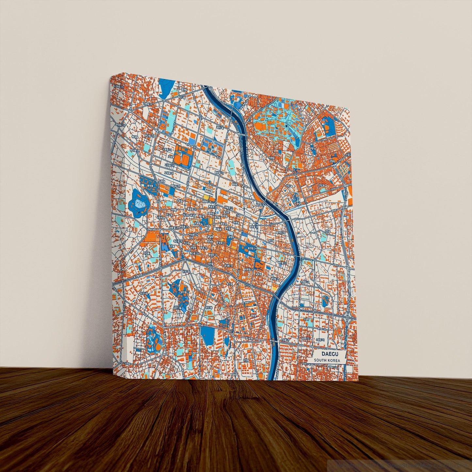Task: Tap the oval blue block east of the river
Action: click(325, 301)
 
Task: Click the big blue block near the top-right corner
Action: click(326, 125)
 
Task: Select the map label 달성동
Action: click(150, 185)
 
